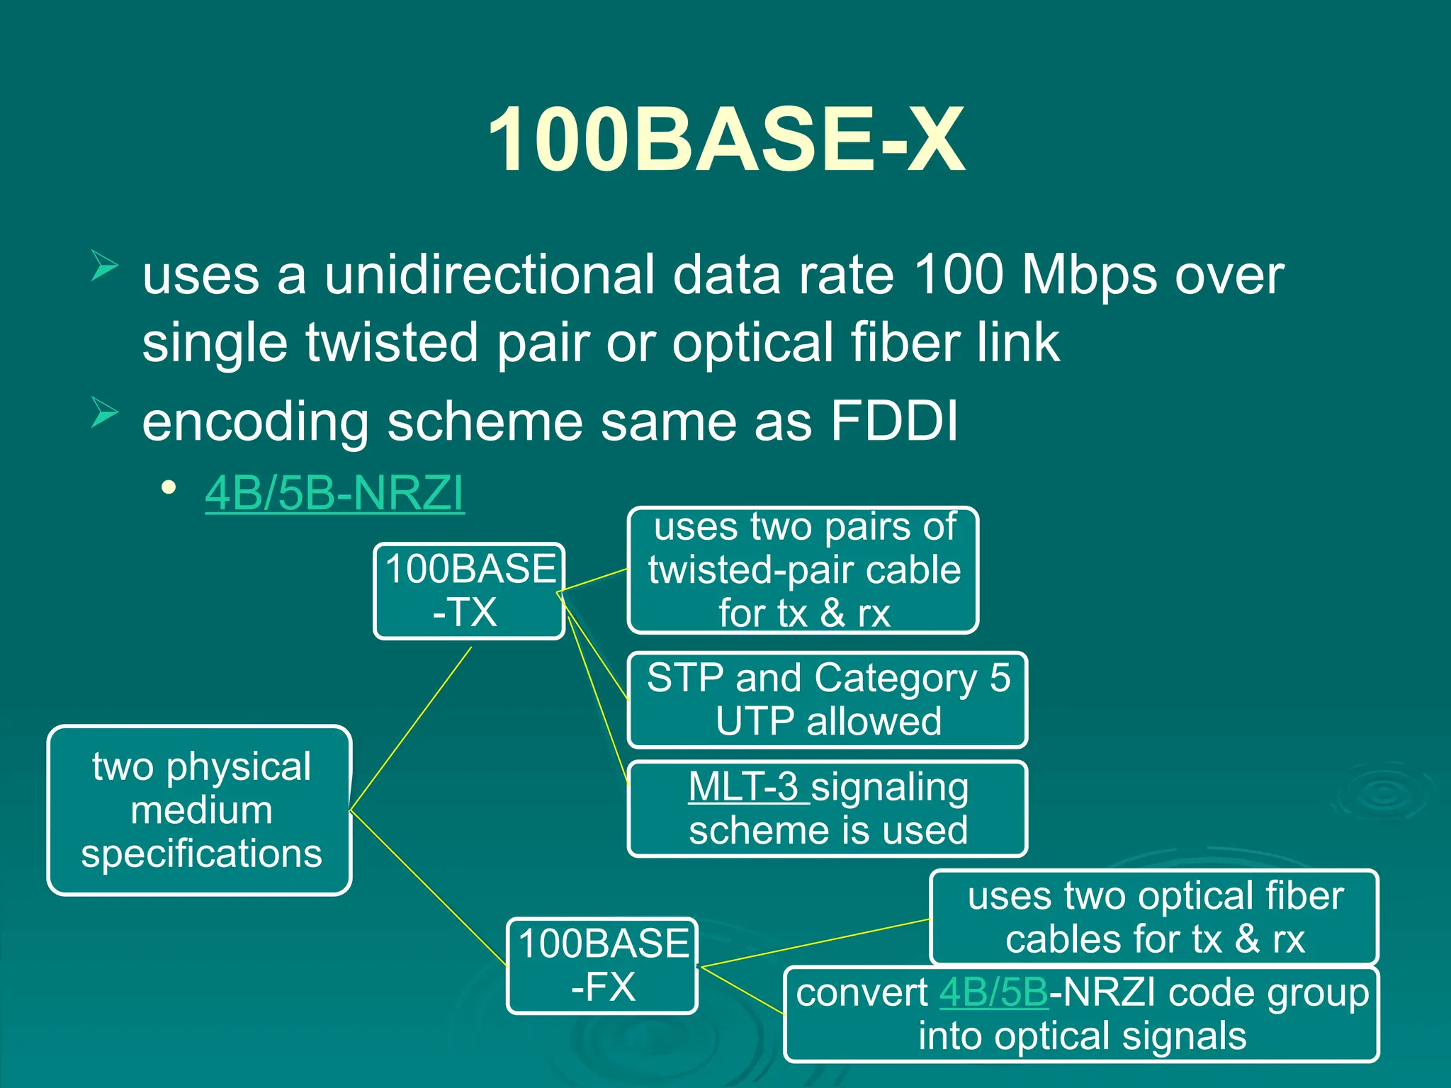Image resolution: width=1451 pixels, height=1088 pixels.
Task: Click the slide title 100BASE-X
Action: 725,140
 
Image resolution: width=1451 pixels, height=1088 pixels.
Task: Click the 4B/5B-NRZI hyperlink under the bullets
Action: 334,493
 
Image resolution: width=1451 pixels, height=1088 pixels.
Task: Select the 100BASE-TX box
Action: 469,591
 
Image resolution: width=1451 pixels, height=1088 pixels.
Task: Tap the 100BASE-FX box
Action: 602,965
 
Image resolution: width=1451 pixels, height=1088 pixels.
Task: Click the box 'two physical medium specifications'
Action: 201,810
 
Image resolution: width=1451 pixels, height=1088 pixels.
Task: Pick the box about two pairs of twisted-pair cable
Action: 803,570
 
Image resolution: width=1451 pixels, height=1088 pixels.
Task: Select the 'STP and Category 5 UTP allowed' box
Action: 828,700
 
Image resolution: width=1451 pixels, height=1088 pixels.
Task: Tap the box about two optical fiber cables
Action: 1154,917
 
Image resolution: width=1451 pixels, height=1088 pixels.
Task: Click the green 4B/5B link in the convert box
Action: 993,993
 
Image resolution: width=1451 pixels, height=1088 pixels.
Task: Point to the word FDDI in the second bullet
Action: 894,421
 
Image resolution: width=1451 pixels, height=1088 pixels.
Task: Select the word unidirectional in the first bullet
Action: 490,275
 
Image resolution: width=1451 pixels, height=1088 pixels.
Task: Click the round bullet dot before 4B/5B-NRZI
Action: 169,487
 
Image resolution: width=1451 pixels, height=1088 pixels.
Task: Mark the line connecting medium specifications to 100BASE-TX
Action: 411,729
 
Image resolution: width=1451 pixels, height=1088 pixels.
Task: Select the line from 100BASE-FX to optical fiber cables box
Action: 815,943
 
